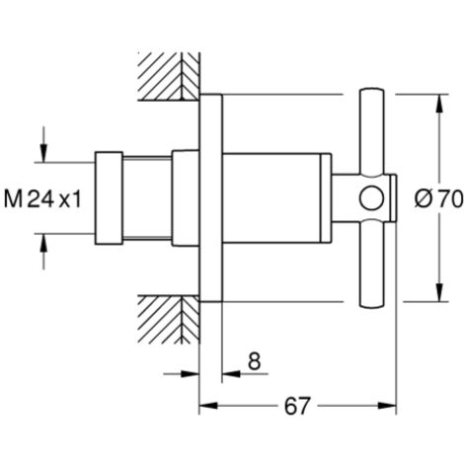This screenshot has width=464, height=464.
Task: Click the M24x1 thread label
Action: click(42, 198)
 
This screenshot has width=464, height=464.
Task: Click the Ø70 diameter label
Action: click(439, 198)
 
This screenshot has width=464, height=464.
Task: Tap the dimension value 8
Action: click(254, 361)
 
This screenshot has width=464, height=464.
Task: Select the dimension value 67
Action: click(297, 406)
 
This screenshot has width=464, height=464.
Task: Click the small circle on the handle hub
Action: click(371, 198)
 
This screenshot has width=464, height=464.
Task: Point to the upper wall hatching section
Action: click(169, 76)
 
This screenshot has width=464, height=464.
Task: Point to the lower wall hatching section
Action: click(169, 320)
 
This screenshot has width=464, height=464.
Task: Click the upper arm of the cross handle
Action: click(372, 131)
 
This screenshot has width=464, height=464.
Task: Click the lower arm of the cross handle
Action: click(372, 265)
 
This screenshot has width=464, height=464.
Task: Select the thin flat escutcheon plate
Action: click(211, 198)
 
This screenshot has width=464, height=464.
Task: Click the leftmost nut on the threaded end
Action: click(109, 198)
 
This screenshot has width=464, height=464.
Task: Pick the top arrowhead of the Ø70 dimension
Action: click(439, 104)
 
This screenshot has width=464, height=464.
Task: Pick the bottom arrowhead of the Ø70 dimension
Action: click(439, 292)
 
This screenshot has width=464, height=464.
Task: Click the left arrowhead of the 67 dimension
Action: click(208, 406)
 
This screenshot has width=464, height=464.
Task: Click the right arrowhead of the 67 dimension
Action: click(387, 406)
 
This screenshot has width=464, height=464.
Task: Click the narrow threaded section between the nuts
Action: click(147, 198)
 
